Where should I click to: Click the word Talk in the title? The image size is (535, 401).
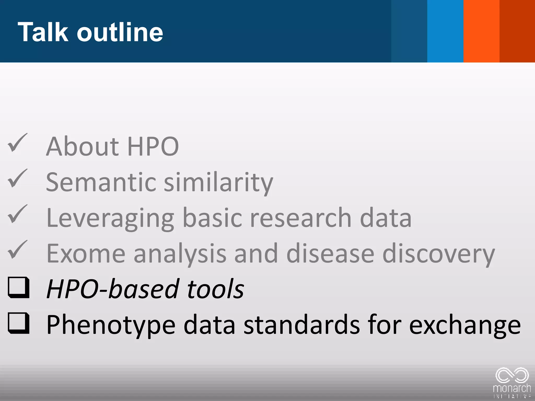pyautogui.click(x=43, y=32)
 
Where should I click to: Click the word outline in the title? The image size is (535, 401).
pyautogui.click(x=120, y=32)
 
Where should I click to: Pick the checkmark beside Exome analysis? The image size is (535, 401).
pyautogui.click(x=18, y=250)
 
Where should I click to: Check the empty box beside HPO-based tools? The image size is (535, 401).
pyautogui.click(x=18, y=287)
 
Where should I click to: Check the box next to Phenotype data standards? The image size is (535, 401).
pyautogui.click(x=18, y=323)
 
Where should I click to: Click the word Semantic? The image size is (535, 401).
pyautogui.click(x=101, y=182)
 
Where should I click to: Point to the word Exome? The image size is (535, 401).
pyautogui.click(x=86, y=253)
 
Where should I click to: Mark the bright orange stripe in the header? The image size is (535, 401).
pyautogui.click(x=481, y=31)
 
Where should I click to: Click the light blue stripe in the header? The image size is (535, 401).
pyautogui.click(x=445, y=31)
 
